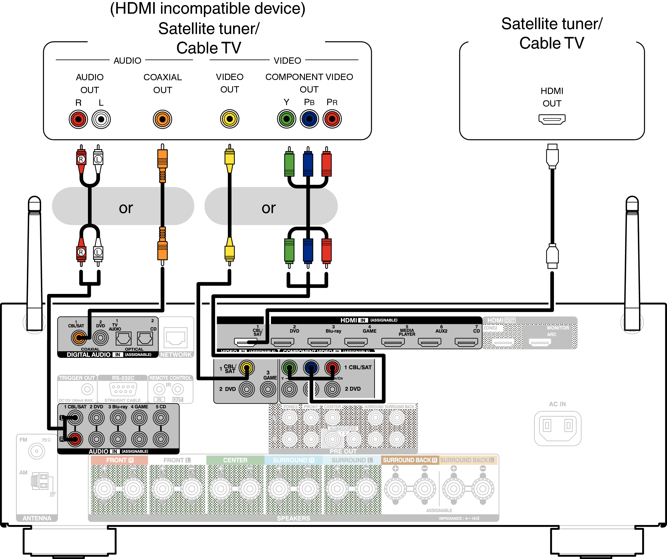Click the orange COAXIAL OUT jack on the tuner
[162, 119]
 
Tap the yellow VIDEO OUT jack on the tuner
[229, 119]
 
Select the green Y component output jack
[286, 119]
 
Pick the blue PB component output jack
[309, 119]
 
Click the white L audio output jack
[101, 119]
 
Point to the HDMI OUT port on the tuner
[552, 119]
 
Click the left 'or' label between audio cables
[126, 208]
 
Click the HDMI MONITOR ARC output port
[540, 342]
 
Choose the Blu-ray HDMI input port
[319, 342]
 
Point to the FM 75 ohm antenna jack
[37, 451]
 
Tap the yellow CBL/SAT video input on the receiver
[246, 368]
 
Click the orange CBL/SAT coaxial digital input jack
[79, 338]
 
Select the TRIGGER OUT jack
[87, 389]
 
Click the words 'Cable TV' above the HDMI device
[551, 43]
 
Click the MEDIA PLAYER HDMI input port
[393, 342]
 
